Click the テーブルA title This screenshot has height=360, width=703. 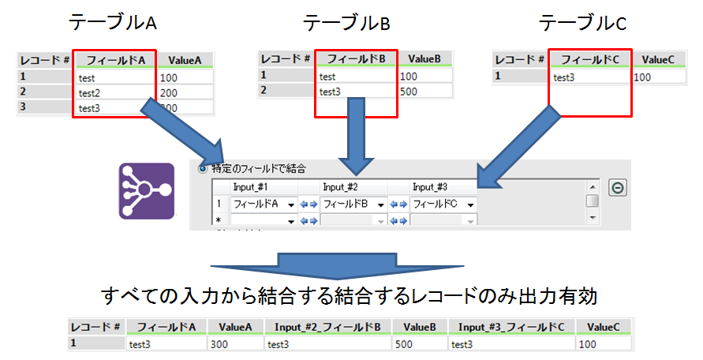[114, 23]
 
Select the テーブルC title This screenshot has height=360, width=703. [582, 23]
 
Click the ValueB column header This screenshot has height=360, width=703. [424, 59]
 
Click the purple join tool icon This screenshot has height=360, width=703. [146, 190]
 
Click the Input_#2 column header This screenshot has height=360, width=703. [342, 187]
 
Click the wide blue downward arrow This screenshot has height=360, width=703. [370, 265]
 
